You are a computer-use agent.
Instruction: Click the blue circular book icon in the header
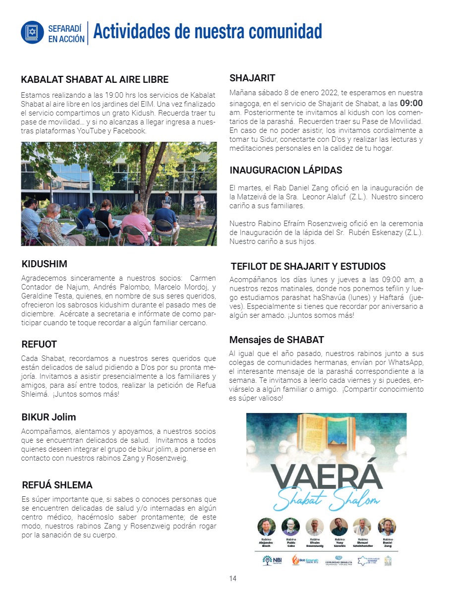[33, 32]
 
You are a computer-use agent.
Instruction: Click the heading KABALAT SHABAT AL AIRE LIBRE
[95, 80]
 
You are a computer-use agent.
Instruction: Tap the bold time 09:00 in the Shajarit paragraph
[411, 104]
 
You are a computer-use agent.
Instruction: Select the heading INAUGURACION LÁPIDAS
[286, 171]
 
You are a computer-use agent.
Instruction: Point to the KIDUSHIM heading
[45, 264]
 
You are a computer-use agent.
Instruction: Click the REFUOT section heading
[39, 344]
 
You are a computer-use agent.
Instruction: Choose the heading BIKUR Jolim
[49, 417]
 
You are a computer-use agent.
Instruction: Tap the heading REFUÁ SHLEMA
[57, 485]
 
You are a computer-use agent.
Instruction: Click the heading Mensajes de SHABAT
[277, 340]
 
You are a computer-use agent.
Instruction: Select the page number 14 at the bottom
[232, 579]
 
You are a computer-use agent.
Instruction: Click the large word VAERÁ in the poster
[327, 476]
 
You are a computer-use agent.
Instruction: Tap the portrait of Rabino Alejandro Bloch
[267, 527]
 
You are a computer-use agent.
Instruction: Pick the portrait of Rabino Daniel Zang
[387, 527]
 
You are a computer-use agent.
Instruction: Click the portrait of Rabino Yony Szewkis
[339, 527]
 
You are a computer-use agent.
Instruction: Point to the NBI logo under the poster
[271, 560]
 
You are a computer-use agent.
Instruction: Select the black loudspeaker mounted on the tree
[136, 189]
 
